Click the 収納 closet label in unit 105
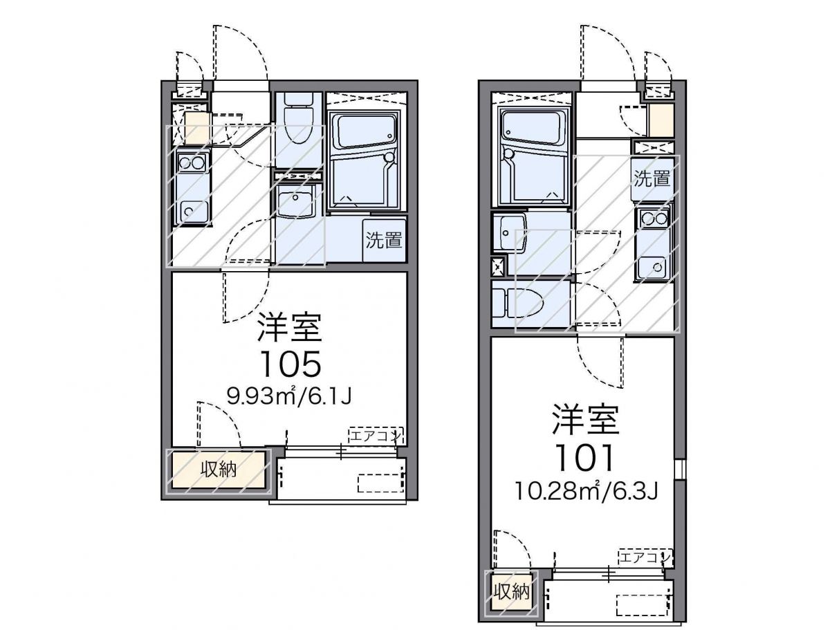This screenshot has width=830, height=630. click(x=219, y=470)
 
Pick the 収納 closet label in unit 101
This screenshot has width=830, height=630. click(x=512, y=592)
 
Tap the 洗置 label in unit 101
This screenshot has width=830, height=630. click(x=652, y=178)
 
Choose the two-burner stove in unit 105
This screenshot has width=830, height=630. click(x=192, y=163)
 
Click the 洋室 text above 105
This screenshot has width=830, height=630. click(x=290, y=327)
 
